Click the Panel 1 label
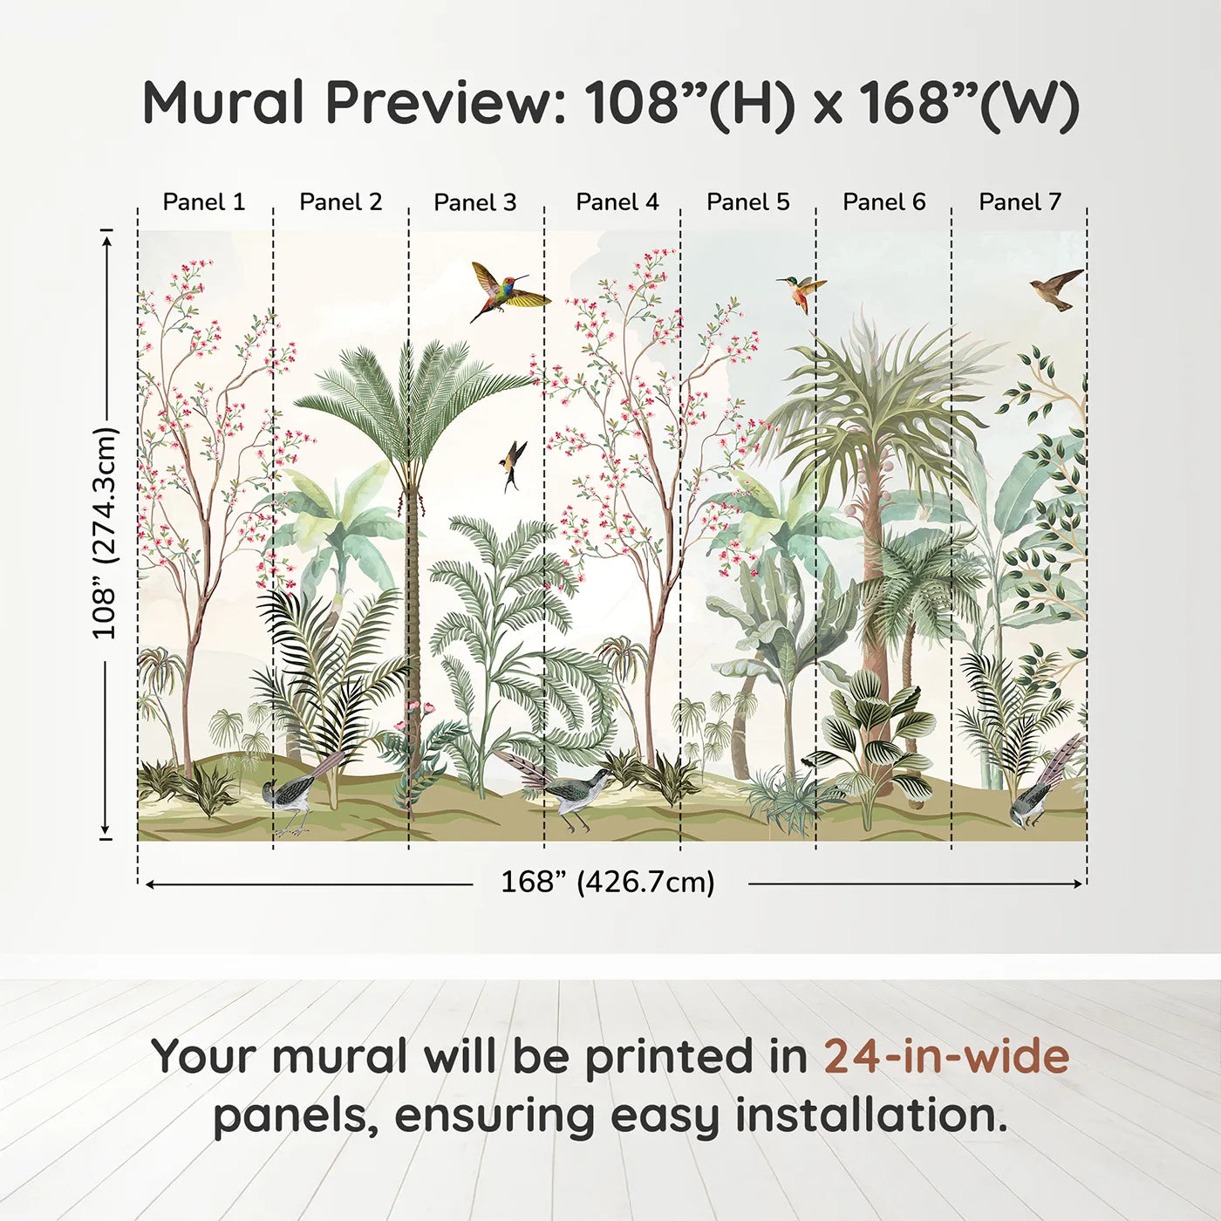(x=203, y=202)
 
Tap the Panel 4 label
(x=617, y=202)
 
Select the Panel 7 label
(x=1020, y=202)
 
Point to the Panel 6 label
(x=883, y=202)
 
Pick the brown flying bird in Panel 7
(x=1056, y=289)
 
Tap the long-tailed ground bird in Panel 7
(x=1039, y=789)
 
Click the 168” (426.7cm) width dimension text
(x=608, y=882)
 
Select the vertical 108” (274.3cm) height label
(x=105, y=532)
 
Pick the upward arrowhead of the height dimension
(x=106, y=242)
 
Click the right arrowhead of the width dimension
(x=1077, y=883)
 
